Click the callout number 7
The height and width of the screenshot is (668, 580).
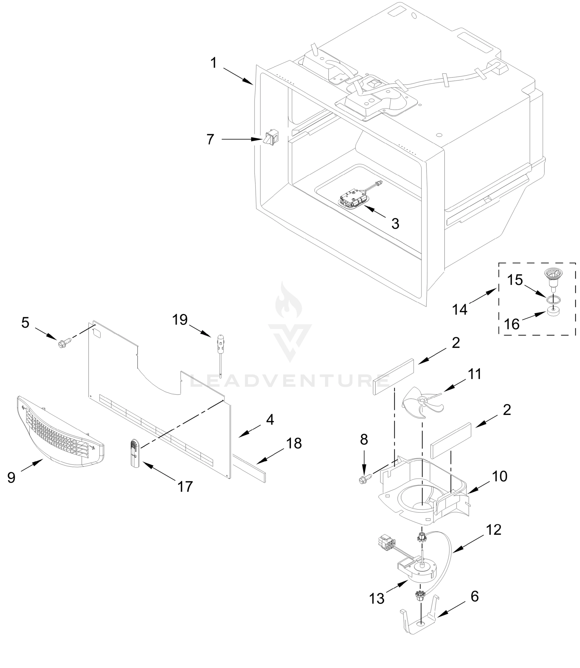211,140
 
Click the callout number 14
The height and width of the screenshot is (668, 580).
460,310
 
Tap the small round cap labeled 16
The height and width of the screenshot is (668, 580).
554,311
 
